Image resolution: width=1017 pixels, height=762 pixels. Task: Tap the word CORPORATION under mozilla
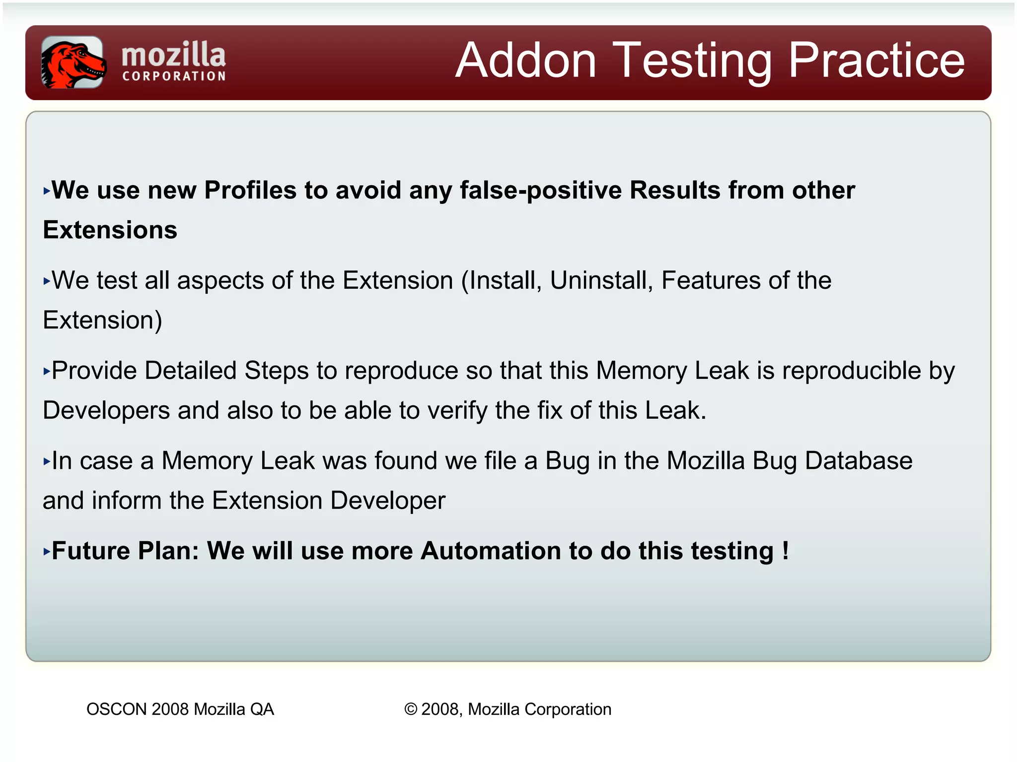tap(174, 76)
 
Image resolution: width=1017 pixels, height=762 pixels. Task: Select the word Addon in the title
tap(526, 61)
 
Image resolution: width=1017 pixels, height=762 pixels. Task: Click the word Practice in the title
tap(876, 61)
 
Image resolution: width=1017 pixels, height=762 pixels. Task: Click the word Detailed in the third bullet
tap(190, 371)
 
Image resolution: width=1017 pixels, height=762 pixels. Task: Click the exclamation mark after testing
tap(785, 551)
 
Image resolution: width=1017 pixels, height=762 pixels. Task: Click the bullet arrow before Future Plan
tap(47, 552)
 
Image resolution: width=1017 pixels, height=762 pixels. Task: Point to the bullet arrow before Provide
tap(47, 371)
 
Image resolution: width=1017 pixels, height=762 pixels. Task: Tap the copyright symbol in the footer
tap(411, 709)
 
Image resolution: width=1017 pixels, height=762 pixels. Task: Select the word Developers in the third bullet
tap(106, 411)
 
